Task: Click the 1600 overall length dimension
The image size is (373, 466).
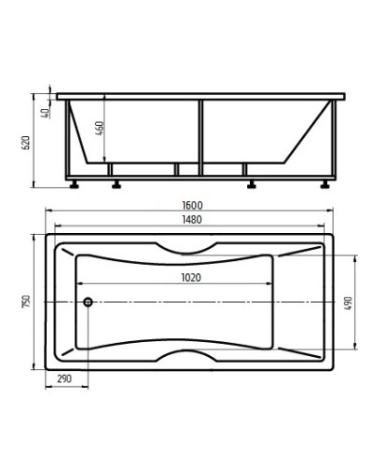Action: tap(192, 205)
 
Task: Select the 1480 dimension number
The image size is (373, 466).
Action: tap(192, 220)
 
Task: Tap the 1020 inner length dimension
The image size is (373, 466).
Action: tap(191, 277)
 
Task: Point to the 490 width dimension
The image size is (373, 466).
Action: tap(348, 303)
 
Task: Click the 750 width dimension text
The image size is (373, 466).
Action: tap(26, 301)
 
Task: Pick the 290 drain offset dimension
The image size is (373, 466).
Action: tap(64, 378)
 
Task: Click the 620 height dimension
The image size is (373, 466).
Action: tap(26, 143)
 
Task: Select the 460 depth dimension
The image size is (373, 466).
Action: tap(99, 128)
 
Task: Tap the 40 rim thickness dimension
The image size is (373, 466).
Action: tap(46, 113)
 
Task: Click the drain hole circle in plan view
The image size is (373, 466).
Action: tap(88, 302)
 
